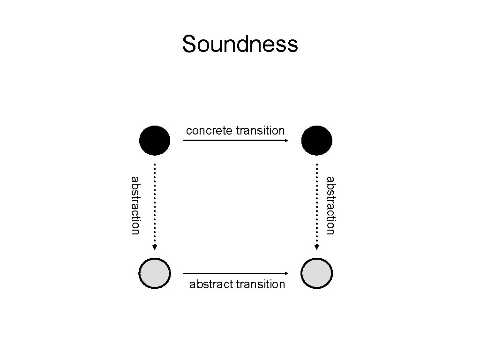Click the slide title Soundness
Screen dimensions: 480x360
coord(240,45)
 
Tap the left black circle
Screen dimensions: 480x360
coord(155,140)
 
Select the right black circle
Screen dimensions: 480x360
coord(317,140)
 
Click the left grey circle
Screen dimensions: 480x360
coord(155,273)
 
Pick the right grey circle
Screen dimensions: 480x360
coord(317,273)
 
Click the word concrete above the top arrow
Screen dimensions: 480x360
coord(210,131)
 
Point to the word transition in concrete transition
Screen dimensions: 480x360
coord(260,131)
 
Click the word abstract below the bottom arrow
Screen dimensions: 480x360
coord(211,285)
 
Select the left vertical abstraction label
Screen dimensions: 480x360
coord(135,205)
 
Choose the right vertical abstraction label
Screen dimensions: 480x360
coord(330,205)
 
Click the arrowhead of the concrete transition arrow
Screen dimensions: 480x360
coord(286,140)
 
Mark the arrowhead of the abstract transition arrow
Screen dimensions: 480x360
coord(286,273)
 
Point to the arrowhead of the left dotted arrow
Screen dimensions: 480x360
coord(155,247)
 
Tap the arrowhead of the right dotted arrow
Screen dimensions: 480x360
coord(317,247)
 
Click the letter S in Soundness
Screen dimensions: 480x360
coord(188,45)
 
